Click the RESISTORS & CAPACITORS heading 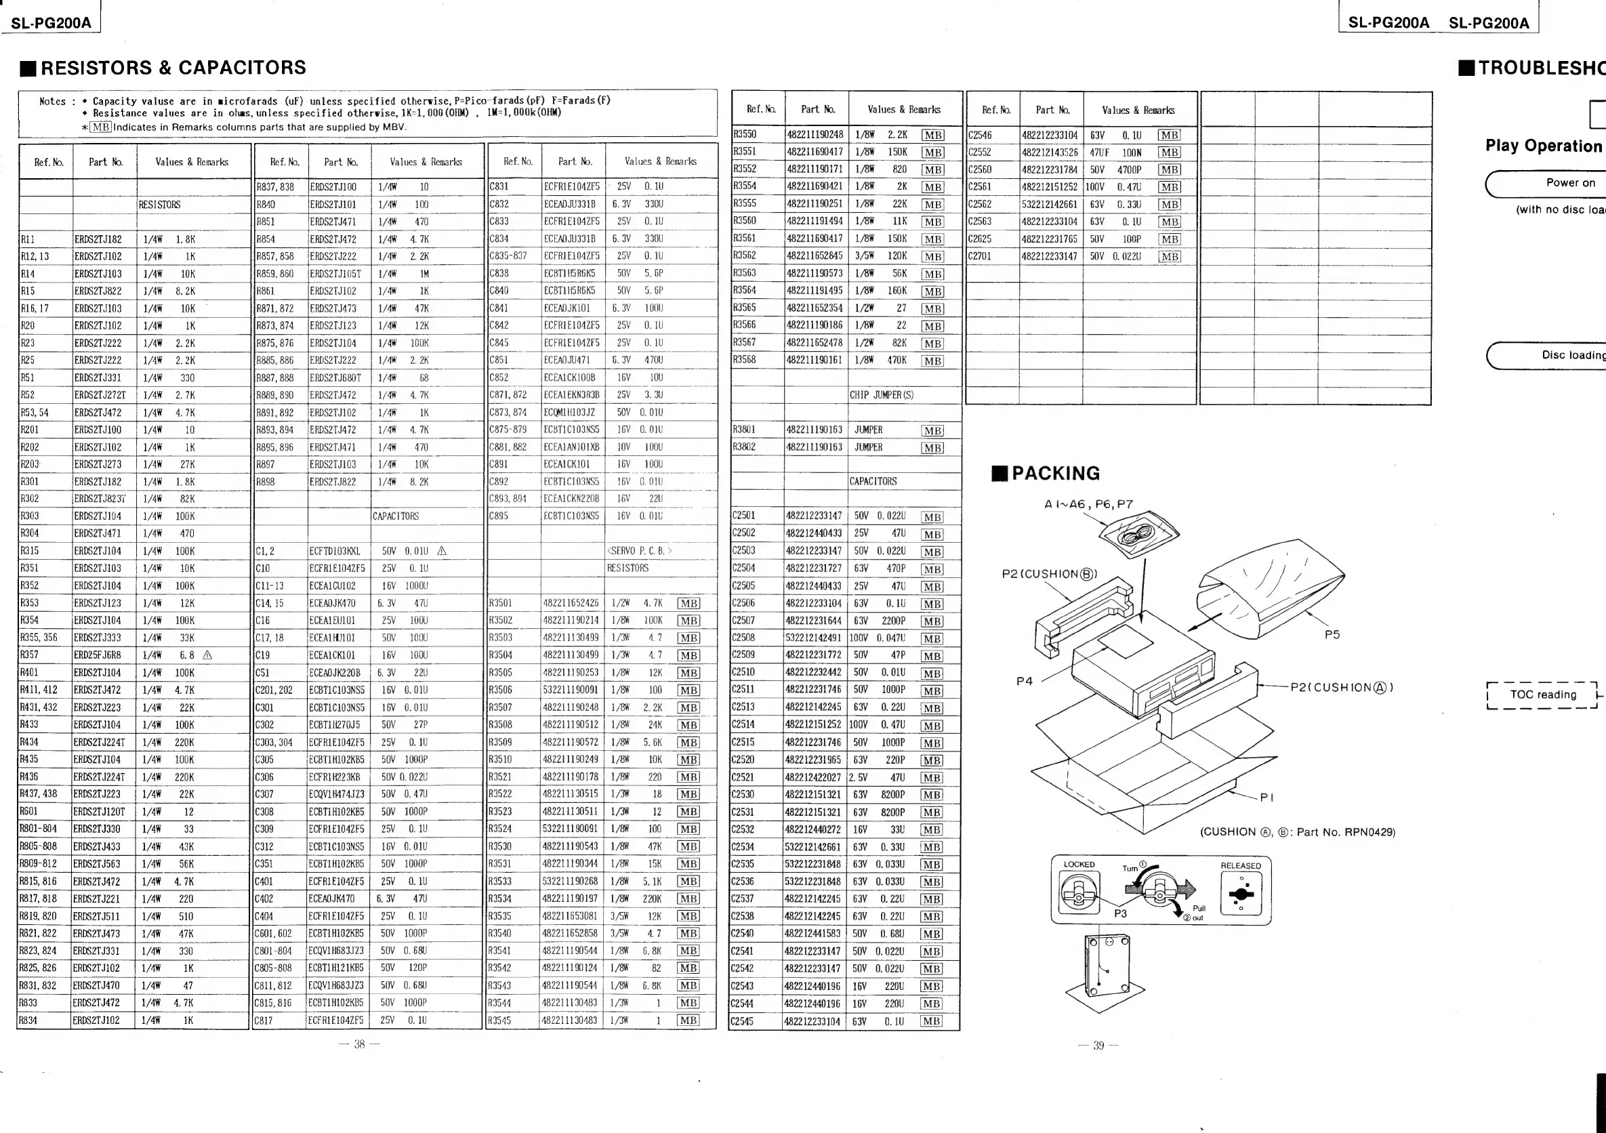click(x=173, y=68)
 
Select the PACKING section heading click(x=1055, y=474)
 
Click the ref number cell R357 click(x=29, y=655)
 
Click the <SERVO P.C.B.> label click(x=639, y=551)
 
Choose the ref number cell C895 click(x=499, y=516)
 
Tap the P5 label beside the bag click(x=1332, y=635)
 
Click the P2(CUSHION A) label click(x=1342, y=688)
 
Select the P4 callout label click(x=1024, y=681)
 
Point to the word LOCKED click(x=1079, y=865)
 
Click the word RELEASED click(x=1241, y=866)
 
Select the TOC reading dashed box click(x=1542, y=695)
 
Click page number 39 click(x=1098, y=1046)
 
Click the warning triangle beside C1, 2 click(x=441, y=551)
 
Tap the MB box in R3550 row click(x=932, y=135)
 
